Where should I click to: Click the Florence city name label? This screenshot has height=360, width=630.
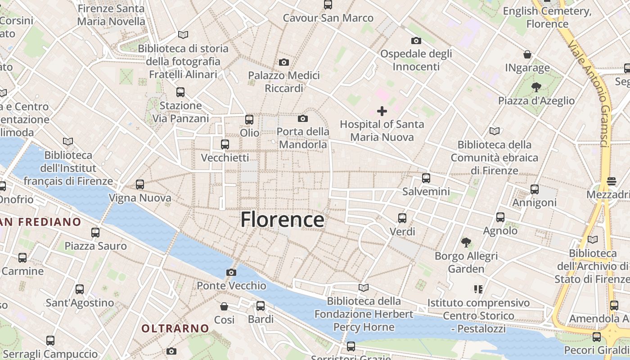coord(282,220)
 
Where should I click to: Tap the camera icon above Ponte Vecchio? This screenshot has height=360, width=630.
coord(231,272)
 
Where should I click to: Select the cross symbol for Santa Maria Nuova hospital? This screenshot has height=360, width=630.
coord(382,111)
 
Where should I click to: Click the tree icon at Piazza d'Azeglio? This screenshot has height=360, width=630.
coord(536,87)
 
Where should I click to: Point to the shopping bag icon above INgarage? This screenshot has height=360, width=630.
coord(527,54)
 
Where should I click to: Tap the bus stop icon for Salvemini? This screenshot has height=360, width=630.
coord(426,178)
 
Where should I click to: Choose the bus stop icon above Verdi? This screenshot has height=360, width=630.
coord(402,218)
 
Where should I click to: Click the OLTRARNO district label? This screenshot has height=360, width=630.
coord(175,328)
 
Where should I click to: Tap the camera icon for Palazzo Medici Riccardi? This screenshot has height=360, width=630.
coord(283,62)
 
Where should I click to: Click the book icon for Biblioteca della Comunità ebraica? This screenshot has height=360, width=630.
coord(494,131)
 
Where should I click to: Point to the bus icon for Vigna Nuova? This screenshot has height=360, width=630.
coord(140,184)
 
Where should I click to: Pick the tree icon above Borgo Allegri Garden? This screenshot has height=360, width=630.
coord(466,243)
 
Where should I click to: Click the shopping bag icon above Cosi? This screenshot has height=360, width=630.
coord(224,306)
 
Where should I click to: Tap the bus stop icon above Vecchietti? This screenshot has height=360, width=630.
coord(225,144)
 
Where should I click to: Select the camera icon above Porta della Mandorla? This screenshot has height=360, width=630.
coord(303,118)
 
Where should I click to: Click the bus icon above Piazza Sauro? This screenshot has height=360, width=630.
coord(95,232)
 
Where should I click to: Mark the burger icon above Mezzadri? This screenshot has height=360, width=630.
coord(611,181)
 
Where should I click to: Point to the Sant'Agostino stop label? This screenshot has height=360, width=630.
coord(80,302)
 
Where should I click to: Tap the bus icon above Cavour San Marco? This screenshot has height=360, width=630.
coord(328,4)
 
